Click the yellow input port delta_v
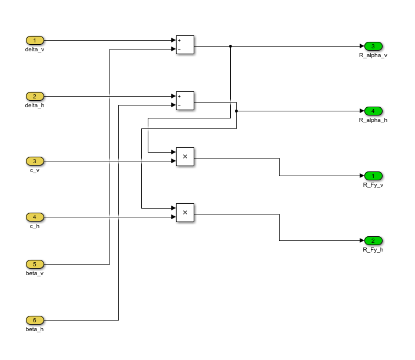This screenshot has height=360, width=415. click(x=35, y=41)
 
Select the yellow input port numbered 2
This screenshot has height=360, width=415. click(x=35, y=96)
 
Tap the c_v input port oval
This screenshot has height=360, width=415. click(x=35, y=161)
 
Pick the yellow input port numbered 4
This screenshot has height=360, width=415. click(x=35, y=217)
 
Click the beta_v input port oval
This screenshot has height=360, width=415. click(x=35, y=264)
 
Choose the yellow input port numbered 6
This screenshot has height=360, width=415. click(x=35, y=320)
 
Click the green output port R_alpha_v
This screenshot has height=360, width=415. click(x=373, y=46)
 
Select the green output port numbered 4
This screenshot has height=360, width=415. click(x=373, y=111)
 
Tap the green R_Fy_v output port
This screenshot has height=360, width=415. click(x=373, y=176)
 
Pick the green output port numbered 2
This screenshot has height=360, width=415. click(x=373, y=240)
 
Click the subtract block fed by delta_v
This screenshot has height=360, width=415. click(x=185, y=45)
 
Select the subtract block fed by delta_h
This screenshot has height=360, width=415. click(x=185, y=101)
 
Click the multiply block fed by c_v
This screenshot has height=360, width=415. click(x=185, y=157)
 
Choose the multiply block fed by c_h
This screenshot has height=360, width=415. click(x=185, y=213)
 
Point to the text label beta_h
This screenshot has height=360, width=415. click(x=35, y=329)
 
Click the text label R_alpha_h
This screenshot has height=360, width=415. click(x=373, y=120)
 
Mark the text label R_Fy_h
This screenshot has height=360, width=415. click(x=373, y=250)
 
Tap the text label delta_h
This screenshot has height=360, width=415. click(x=35, y=105)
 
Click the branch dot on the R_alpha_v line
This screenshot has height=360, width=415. click(x=230, y=46)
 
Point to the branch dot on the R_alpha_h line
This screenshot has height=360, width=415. click(x=236, y=111)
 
